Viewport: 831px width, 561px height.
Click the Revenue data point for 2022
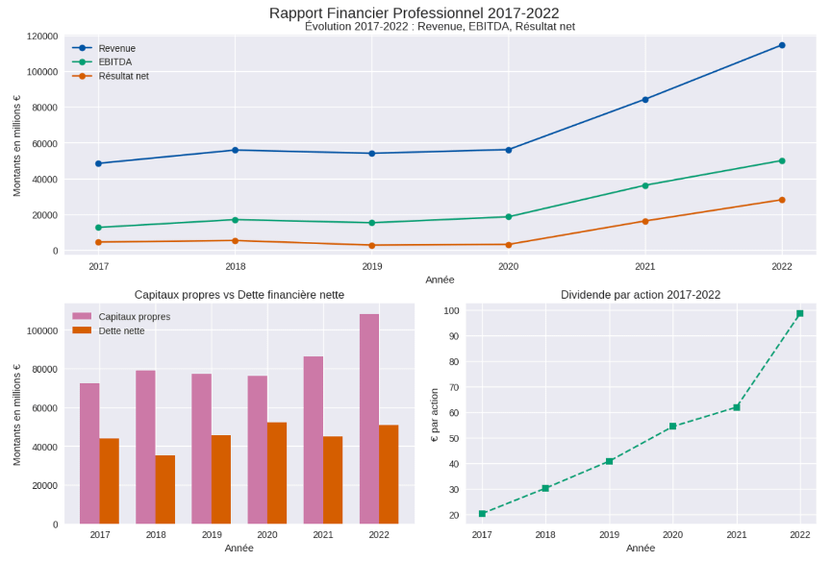[782, 45]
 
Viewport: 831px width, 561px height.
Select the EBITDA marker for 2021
[645, 185]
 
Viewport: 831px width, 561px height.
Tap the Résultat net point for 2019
[371, 245]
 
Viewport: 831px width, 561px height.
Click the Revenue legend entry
[116, 48]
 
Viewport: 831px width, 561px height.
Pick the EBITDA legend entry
[114, 61]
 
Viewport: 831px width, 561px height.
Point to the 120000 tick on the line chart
[41, 36]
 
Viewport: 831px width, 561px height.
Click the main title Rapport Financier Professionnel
[415, 12]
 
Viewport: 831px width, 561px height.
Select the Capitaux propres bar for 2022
[369, 419]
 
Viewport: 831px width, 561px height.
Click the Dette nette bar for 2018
[164, 490]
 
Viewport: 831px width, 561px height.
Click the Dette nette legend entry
[121, 330]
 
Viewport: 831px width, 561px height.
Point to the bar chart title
[239, 295]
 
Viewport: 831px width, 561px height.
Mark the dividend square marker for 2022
[799, 313]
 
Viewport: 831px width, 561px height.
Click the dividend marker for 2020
[672, 426]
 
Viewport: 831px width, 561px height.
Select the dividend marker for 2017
[482, 513]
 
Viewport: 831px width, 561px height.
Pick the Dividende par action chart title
[641, 295]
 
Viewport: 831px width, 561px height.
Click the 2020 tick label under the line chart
[508, 266]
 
